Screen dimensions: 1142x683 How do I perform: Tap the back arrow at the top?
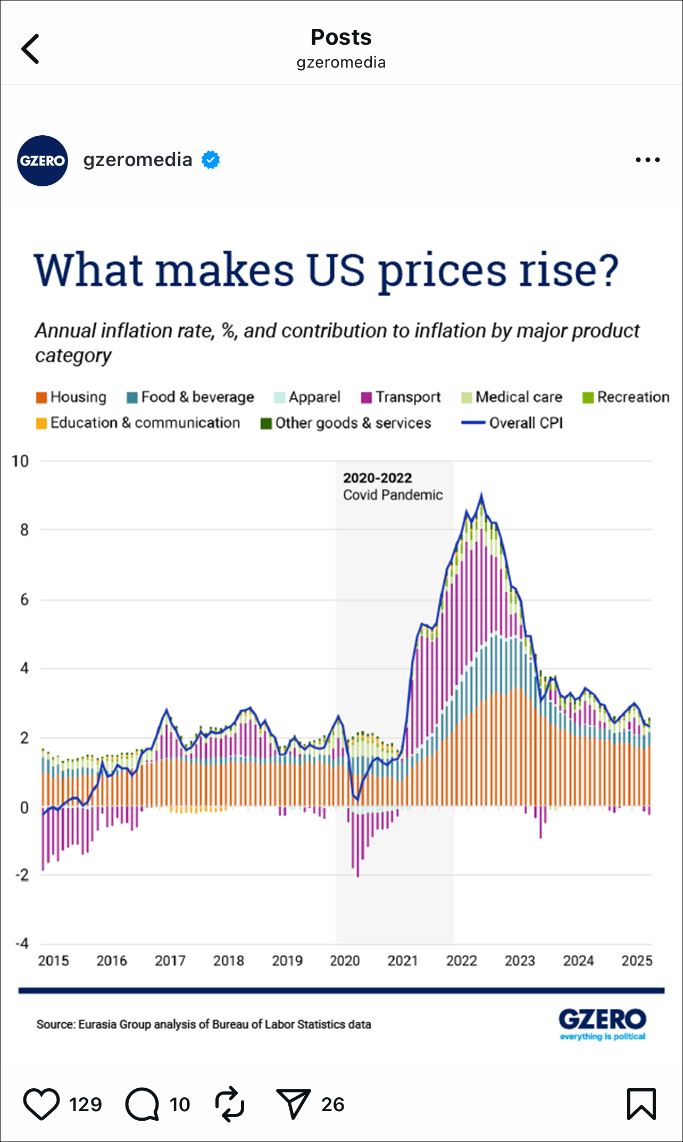click(30, 49)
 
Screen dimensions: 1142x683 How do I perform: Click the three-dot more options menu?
click(647, 160)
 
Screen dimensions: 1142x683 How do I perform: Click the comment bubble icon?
click(143, 1104)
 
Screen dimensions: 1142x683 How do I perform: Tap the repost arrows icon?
click(229, 1104)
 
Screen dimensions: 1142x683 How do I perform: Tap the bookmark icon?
click(641, 1104)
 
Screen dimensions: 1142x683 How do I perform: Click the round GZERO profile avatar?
click(43, 161)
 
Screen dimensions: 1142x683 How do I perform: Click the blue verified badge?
click(211, 160)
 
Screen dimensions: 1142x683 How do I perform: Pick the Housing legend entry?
click(72, 397)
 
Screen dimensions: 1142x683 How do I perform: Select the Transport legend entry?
click(401, 397)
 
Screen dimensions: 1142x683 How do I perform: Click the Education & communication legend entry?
click(138, 423)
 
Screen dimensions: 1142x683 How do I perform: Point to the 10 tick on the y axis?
click(20, 462)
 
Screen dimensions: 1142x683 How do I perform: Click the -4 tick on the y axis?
click(22, 944)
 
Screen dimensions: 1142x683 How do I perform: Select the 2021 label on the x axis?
click(403, 961)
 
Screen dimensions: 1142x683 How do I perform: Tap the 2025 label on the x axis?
click(637, 961)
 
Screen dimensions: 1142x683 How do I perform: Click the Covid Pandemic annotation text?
click(393, 495)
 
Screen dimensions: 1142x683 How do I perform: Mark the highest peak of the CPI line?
click(481, 496)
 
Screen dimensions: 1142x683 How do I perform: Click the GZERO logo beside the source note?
click(602, 1023)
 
